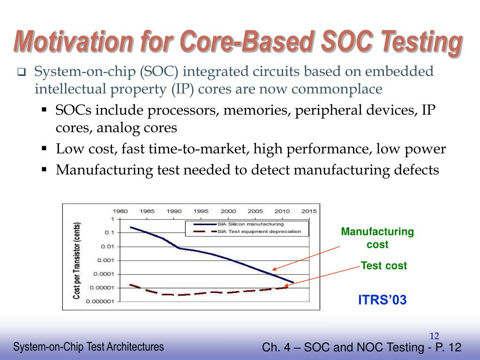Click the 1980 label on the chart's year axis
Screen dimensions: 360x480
120,211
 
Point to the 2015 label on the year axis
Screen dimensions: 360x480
309,211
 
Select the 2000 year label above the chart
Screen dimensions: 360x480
228,211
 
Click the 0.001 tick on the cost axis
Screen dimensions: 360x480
105,260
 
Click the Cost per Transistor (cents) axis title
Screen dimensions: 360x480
76,261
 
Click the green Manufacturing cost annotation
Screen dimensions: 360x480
377,238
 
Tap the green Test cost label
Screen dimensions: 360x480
384,266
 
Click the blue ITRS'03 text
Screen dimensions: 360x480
382,300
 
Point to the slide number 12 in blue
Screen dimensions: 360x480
434,336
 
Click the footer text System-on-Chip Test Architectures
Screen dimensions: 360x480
89,347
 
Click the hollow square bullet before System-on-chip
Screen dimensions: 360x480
21,72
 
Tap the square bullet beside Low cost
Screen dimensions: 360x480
44,149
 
